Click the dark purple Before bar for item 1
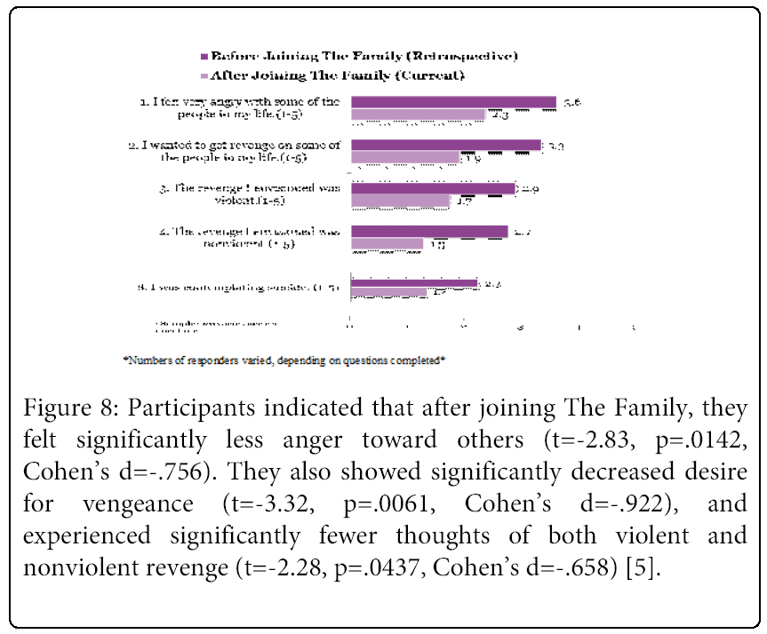coord(453,102)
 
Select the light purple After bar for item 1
coord(418,115)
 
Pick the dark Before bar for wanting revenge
coord(446,145)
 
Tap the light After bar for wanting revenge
coord(405,158)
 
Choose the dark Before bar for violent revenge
coord(433,188)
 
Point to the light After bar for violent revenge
coord(400,202)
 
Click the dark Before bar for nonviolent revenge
coord(429,232)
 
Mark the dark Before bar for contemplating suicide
coord(413,284)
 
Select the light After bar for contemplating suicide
coord(388,293)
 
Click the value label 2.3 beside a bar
coord(499,115)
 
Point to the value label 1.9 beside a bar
coord(473,158)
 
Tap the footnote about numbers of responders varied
coord(284,361)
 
